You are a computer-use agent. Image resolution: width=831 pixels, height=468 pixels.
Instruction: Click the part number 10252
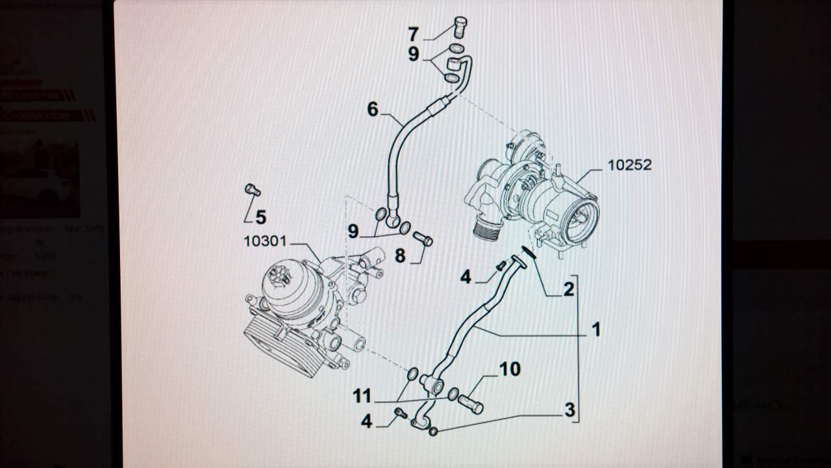(x=629, y=165)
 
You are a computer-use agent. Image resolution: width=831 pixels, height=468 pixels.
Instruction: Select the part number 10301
(x=265, y=242)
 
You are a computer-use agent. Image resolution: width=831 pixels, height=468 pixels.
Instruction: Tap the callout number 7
(x=414, y=34)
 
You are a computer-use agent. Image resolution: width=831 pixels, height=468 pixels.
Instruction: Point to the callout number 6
(x=373, y=109)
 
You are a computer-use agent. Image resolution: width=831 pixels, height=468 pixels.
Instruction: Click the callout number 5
(x=260, y=217)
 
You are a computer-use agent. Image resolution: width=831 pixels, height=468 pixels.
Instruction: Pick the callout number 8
(x=400, y=256)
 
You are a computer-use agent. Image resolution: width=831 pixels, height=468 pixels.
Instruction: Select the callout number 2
(x=569, y=289)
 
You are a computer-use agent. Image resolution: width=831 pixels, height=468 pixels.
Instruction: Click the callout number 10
(x=510, y=369)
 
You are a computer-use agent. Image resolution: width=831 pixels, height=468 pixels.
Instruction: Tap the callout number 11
(x=362, y=395)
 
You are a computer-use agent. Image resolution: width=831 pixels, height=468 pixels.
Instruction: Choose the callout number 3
(x=569, y=410)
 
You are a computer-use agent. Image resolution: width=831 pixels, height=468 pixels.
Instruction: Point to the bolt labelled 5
(x=252, y=190)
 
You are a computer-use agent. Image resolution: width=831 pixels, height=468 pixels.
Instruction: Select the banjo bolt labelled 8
(x=423, y=239)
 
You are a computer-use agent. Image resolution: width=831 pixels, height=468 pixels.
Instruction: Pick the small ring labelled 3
(x=434, y=430)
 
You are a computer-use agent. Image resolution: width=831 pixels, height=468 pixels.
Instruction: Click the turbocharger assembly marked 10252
(x=539, y=195)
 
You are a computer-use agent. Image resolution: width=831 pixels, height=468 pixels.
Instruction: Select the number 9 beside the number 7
(x=414, y=54)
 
